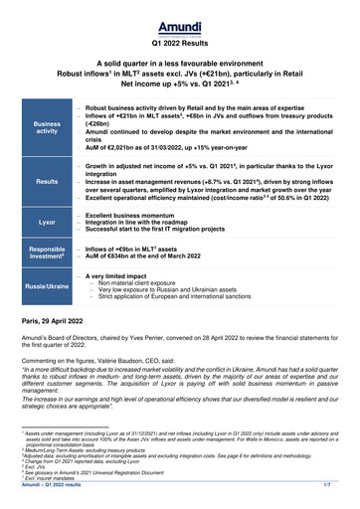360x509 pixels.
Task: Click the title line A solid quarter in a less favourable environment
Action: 180,63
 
